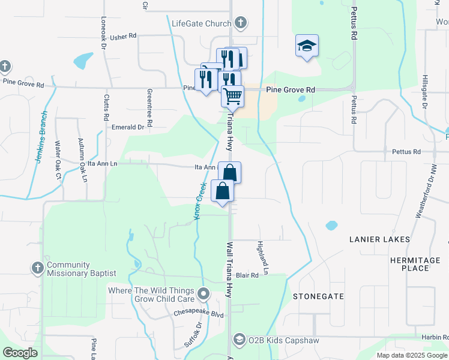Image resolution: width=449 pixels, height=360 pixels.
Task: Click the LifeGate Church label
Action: point(201,24)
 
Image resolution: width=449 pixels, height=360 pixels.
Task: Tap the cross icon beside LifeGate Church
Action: point(240,24)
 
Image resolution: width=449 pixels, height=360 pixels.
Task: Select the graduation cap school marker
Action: point(307,46)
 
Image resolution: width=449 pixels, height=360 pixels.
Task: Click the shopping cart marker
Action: point(232,95)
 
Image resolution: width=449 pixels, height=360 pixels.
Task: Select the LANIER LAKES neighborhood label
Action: point(380,239)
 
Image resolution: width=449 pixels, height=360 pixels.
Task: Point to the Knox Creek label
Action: point(201,200)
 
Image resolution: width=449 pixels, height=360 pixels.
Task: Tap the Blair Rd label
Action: point(246,275)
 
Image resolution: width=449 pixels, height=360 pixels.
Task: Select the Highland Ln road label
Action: point(262,254)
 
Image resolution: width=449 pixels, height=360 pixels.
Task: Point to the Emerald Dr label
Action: point(128,127)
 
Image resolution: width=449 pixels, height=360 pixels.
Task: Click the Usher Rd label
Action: point(124,36)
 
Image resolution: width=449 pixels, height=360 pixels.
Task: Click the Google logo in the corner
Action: point(20,353)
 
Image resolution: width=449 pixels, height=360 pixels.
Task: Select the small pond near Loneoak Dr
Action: point(83,61)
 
